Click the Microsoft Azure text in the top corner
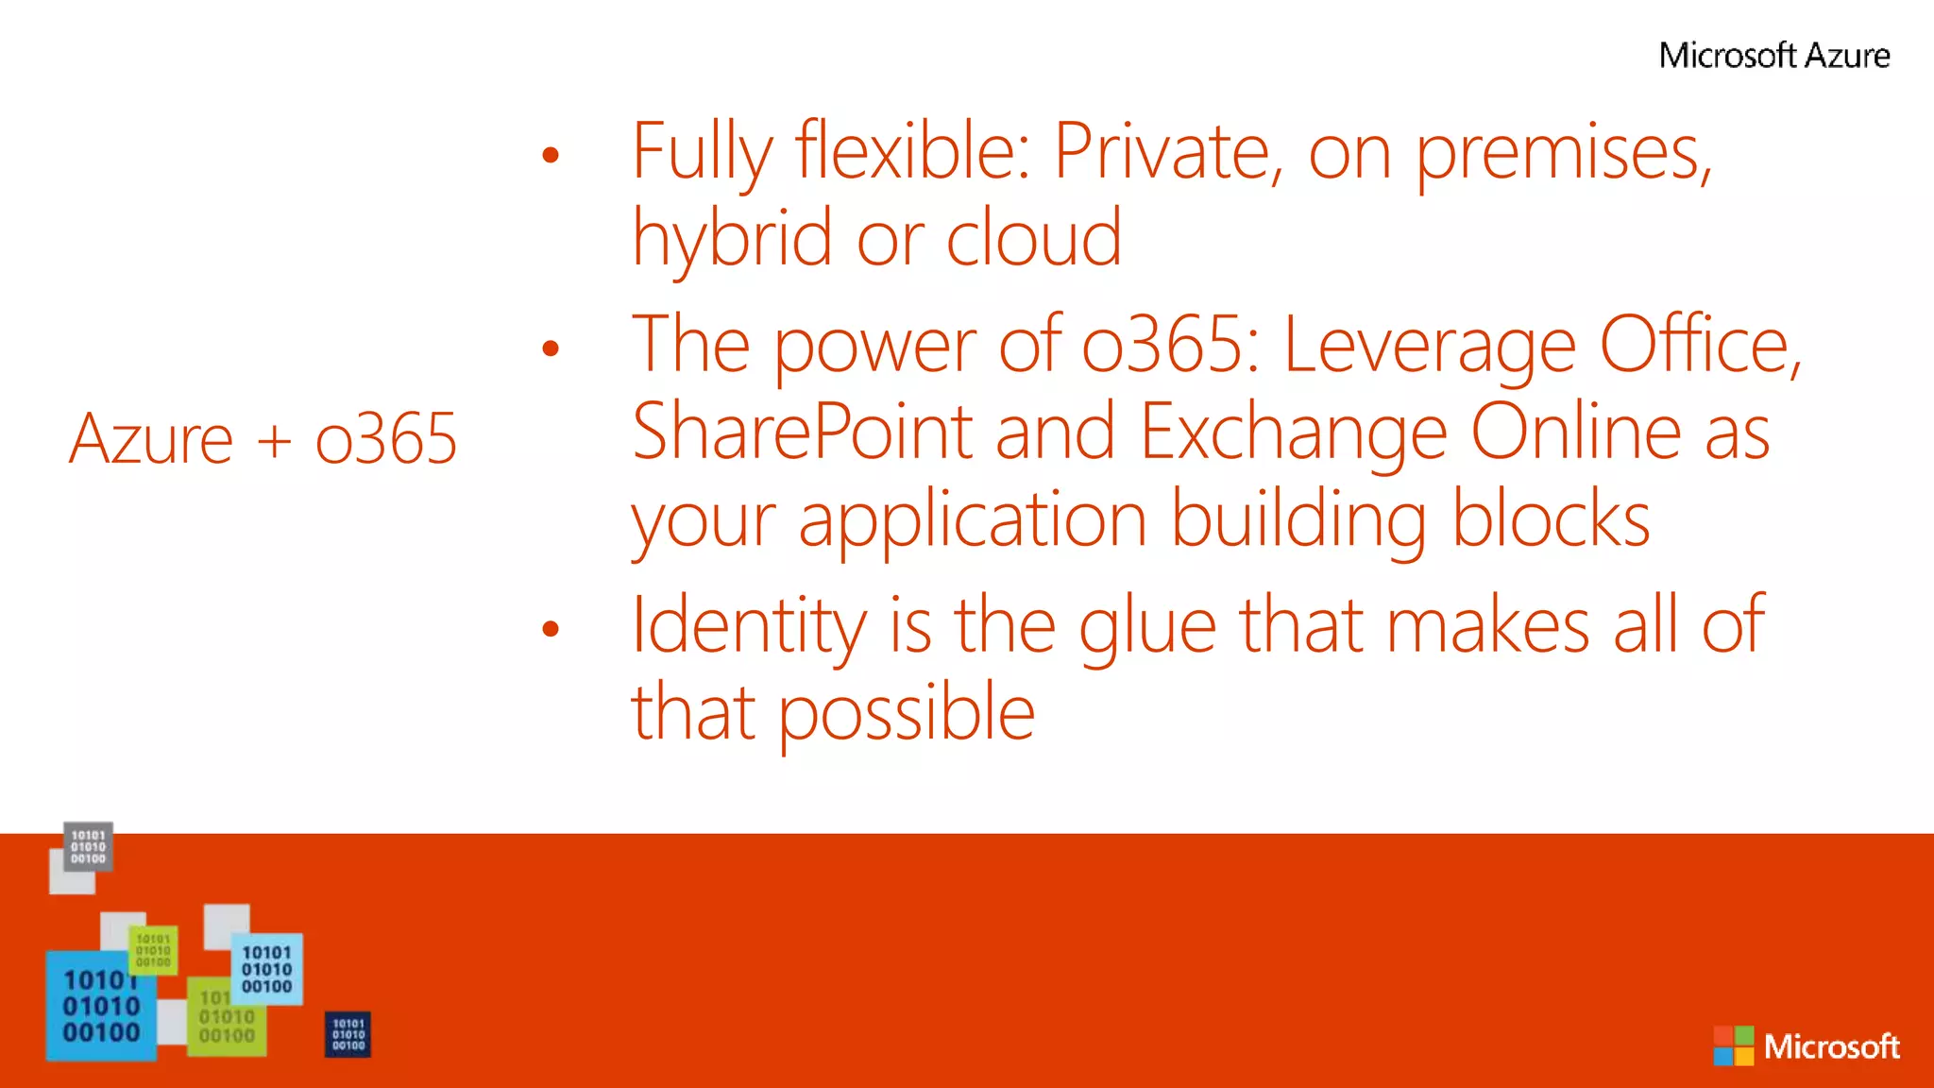[1774, 56]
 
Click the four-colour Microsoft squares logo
[1733, 1045]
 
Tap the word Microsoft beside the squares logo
[1831, 1046]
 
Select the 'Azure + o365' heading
[263, 439]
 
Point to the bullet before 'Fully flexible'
[551, 155]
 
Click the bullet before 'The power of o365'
[551, 349]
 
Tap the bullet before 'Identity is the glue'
[551, 629]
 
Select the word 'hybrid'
[733, 238]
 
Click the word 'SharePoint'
[802, 432]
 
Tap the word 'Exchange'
[1293, 433]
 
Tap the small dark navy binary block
[348, 1034]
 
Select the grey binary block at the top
[88, 846]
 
